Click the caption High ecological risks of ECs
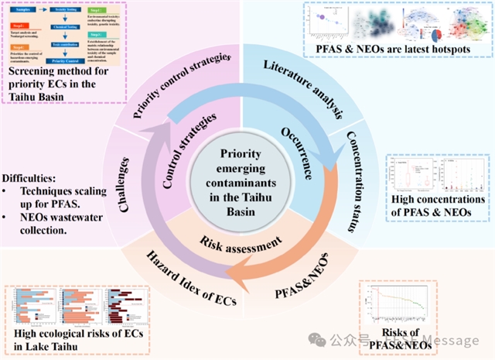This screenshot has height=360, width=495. [x=67, y=338]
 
